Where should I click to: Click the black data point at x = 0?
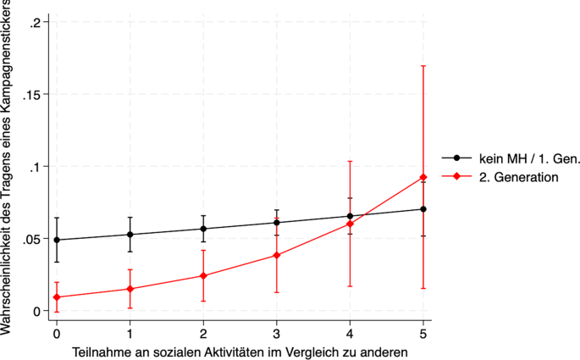[57, 240]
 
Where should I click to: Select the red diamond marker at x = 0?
[57, 297]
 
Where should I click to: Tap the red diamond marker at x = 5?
[423, 177]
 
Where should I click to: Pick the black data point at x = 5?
[423, 209]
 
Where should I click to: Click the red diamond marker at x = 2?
[203, 275]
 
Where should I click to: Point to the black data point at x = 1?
[130, 235]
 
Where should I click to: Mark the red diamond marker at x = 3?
[277, 255]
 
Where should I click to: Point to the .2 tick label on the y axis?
[36, 22]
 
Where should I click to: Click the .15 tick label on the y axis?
[32, 94]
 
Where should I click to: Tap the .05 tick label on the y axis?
[32, 239]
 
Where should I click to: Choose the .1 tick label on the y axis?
[36, 167]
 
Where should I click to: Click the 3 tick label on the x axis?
[277, 334]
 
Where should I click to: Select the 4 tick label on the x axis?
[350, 334]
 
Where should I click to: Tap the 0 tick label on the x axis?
[57, 334]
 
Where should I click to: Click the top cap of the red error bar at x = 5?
[423, 66]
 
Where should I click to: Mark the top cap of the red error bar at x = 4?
[350, 161]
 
